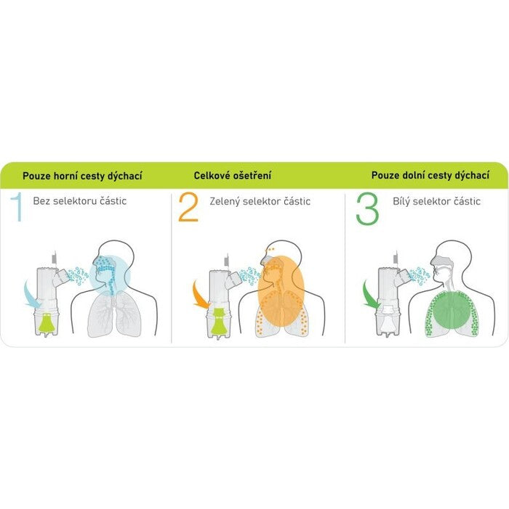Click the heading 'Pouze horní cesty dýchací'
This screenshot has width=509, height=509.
tap(82, 176)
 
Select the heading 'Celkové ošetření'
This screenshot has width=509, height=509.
tap(233, 176)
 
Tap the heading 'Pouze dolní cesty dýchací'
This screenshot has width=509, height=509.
tap(430, 176)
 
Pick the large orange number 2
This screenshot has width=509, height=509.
tap(188, 207)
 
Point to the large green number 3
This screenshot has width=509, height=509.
tap(368, 208)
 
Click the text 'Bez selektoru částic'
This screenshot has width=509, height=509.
tap(80, 201)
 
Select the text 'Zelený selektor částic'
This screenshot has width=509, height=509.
tap(260, 201)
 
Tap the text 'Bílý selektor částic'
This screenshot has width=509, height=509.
tap(436, 201)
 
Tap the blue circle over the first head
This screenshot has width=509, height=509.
tap(110, 276)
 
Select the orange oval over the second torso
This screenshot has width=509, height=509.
tap(281, 291)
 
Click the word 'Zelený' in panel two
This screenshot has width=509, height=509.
tap(225, 201)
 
